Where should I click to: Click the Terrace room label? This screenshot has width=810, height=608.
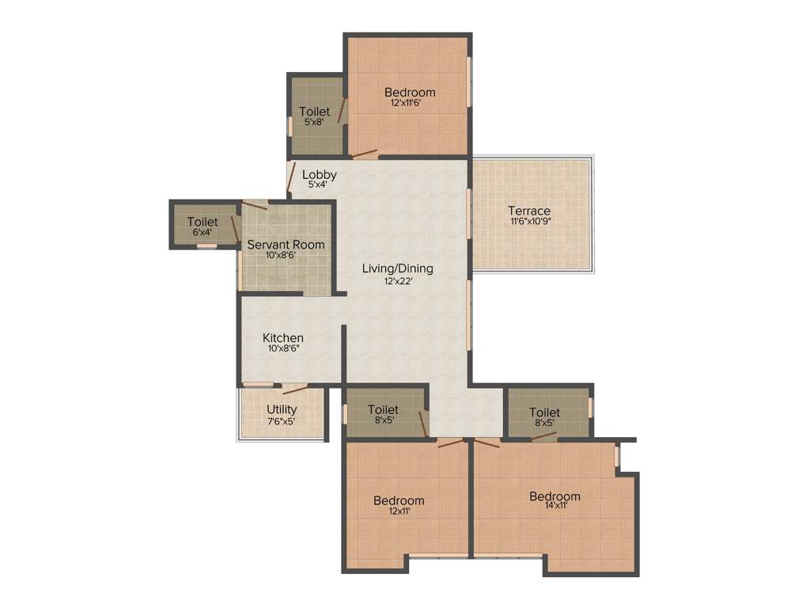click(x=529, y=211)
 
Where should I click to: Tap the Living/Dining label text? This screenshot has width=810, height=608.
click(x=397, y=268)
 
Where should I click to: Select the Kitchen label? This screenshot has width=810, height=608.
click(x=283, y=338)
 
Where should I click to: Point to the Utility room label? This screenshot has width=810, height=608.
click(x=282, y=409)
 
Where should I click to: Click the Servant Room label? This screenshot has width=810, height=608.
click(x=286, y=245)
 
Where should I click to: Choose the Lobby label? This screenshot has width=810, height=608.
click(x=320, y=175)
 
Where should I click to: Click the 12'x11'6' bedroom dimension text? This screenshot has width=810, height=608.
click(x=410, y=103)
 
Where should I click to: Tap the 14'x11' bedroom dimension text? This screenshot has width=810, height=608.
click(x=555, y=507)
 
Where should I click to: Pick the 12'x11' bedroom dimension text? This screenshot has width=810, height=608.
click(x=399, y=511)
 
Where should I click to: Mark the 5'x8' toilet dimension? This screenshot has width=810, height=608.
click(x=314, y=122)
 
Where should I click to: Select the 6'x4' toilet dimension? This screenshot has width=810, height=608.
click(x=202, y=233)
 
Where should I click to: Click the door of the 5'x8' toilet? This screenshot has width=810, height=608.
click(x=342, y=111)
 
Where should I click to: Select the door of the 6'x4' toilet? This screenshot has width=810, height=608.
click(x=236, y=228)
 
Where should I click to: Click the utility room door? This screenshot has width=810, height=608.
click(x=295, y=389)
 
